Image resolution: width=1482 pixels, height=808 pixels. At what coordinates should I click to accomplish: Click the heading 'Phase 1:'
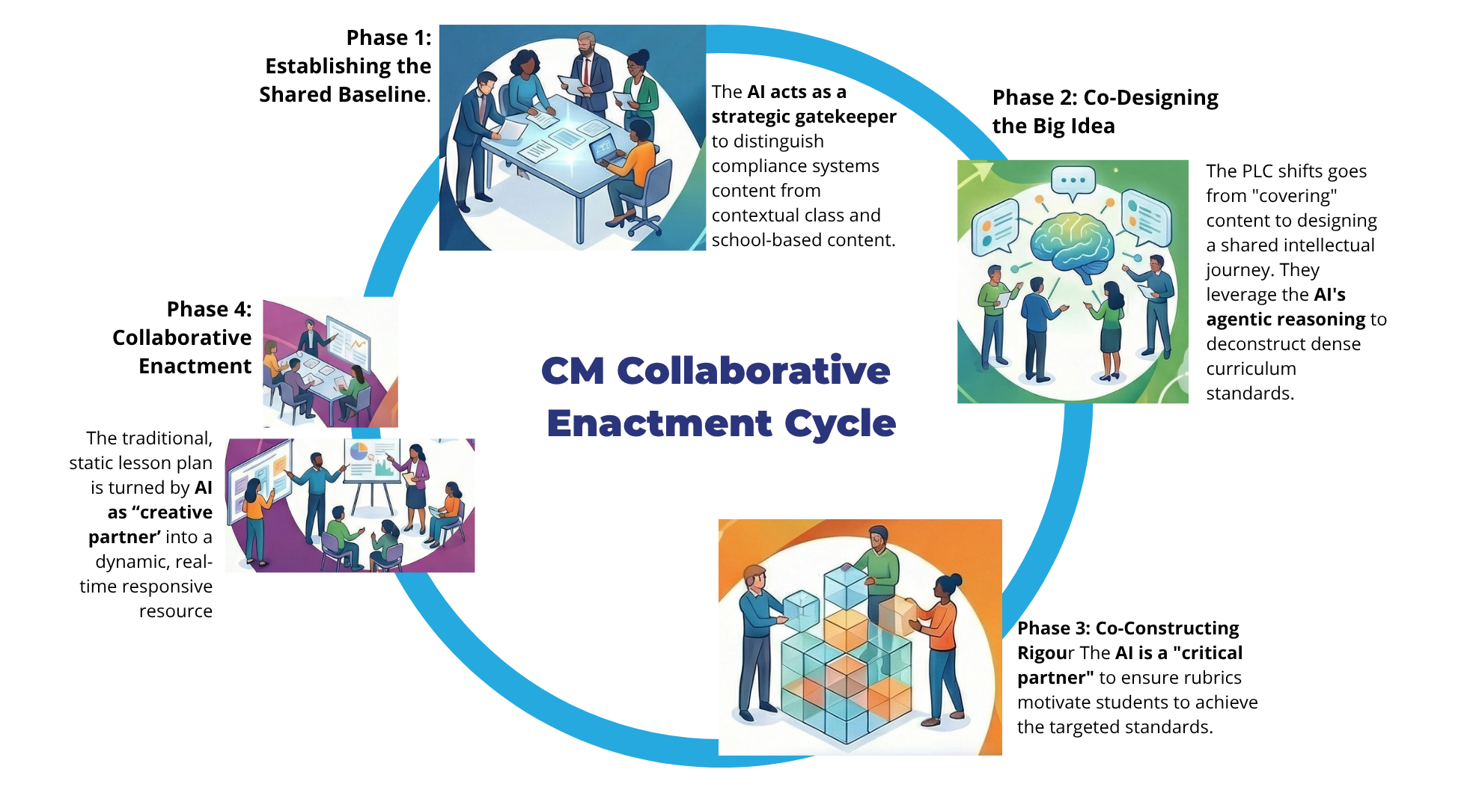(x=388, y=37)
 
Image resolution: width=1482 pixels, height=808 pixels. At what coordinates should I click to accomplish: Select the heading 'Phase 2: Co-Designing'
(x=1106, y=98)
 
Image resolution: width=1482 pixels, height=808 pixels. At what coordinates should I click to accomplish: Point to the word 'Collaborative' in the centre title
(x=754, y=370)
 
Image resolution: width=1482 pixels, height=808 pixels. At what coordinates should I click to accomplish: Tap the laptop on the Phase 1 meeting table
(x=608, y=150)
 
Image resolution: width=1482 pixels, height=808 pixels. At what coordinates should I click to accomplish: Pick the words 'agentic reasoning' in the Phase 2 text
(x=1286, y=319)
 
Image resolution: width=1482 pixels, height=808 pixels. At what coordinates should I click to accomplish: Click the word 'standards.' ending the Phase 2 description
(x=1250, y=394)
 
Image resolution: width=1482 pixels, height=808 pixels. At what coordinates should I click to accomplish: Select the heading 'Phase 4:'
(x=209, y=309)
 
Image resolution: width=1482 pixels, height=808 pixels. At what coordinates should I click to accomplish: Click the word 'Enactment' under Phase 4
(x=195, y=366)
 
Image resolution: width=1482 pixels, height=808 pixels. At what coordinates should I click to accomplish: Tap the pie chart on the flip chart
(x=359, y=452)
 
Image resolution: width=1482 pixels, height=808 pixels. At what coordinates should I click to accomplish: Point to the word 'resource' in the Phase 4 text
(x=176, y=611)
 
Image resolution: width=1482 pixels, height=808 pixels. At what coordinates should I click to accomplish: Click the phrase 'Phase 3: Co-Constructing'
(x=1128, y=628)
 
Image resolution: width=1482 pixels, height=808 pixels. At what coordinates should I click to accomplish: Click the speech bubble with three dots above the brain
(x=1073, y=182)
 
